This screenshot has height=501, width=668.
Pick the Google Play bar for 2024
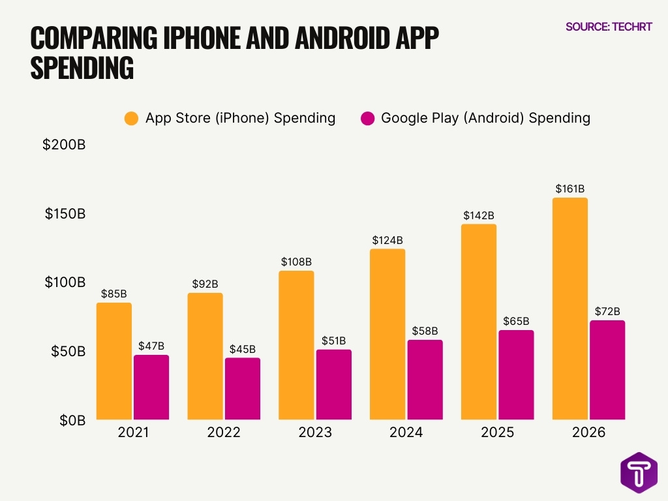click(425, 380)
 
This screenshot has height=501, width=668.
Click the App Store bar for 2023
click(296, 345)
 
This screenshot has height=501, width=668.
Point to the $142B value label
click(478, 215)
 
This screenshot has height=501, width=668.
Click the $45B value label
click(242, 349)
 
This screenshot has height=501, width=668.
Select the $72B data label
click(607, 311)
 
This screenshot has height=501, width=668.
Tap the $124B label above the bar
click(387, 239)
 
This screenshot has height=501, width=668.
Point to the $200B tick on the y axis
click(64, 145)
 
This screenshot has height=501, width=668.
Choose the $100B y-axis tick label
click(64, 282)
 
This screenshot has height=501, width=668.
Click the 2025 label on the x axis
click(497, 433)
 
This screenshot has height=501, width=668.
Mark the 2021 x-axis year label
click(132, 433)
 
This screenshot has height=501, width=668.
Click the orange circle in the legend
click(131, 118)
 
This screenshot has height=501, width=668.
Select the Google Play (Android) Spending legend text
click(485, 118)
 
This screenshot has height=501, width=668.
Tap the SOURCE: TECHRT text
click(609, 27)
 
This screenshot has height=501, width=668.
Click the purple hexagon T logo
click(639, 472)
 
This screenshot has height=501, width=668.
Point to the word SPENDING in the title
click(82, 68)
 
